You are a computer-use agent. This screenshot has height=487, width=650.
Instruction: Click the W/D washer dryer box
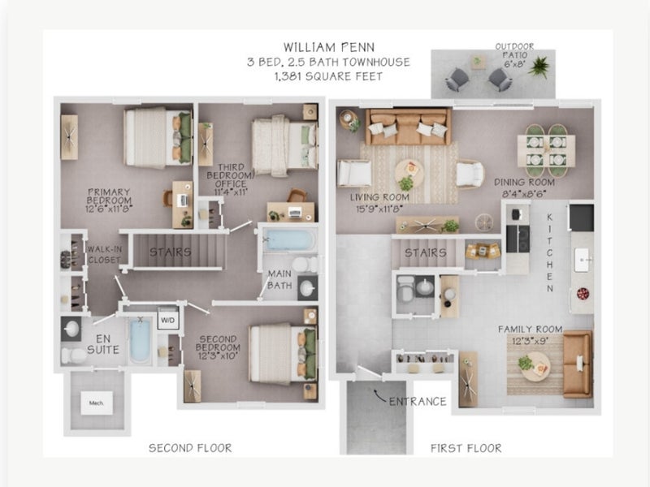point(168,320)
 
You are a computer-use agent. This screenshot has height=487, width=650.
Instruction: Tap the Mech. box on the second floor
point(96,403)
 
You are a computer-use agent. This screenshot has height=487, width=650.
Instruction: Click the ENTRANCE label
point(418,401)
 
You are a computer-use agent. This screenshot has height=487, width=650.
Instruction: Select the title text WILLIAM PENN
point(329,47)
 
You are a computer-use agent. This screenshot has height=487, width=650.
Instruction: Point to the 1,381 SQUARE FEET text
point(328,76)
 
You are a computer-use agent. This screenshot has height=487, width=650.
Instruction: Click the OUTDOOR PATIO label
point(515,50)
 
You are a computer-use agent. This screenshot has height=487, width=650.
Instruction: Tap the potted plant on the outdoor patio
point(539,67)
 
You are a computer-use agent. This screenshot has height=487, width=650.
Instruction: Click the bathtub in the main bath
point(289,240)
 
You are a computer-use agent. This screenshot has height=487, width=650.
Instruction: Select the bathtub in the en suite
point(141,340)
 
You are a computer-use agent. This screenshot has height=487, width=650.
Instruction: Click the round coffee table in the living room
point(409,172)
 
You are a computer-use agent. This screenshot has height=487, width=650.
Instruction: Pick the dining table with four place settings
point(546,151)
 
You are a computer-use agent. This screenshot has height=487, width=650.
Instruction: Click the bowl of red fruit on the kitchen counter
point(583,294)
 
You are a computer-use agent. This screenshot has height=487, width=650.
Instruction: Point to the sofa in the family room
point(578,364)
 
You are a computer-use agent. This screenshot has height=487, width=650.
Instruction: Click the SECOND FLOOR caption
point(190,448)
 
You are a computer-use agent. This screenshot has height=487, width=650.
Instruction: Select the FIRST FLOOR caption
point(466,448)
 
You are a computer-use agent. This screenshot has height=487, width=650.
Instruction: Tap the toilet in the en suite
point(73,356)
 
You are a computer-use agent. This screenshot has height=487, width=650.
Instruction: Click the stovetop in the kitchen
point(518,239)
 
